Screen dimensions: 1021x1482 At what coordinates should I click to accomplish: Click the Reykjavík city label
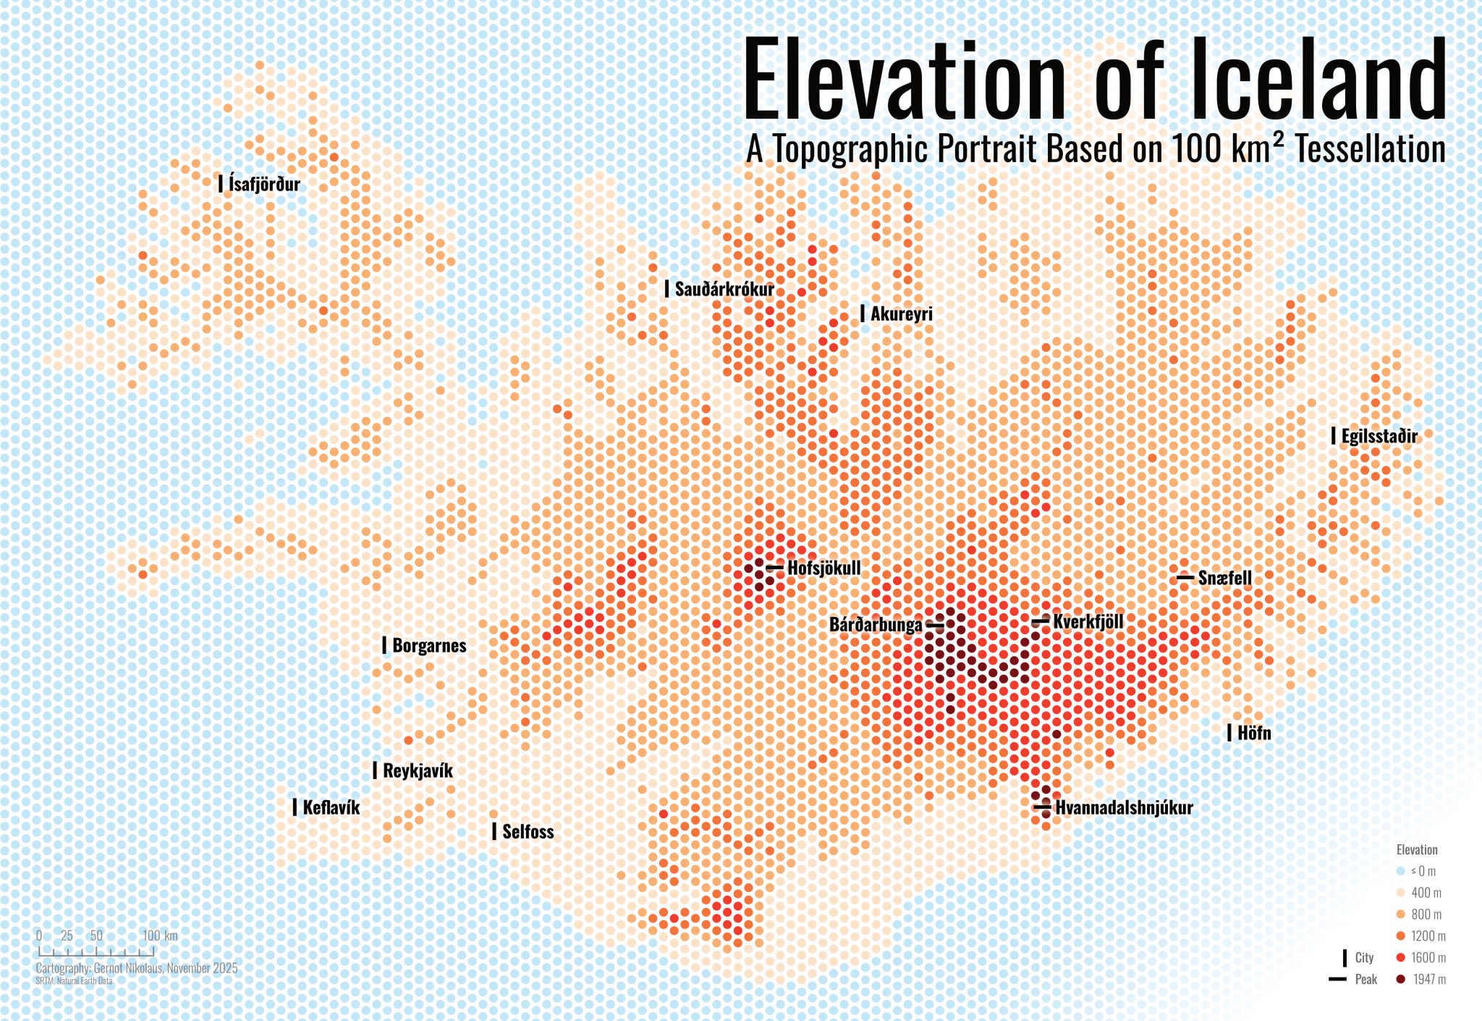418,770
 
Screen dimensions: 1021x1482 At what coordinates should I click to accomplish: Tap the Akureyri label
901,314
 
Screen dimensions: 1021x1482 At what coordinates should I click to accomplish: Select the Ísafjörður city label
264,183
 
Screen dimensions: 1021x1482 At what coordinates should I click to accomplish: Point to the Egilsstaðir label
1379,436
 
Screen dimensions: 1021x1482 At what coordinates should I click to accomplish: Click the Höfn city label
1253,733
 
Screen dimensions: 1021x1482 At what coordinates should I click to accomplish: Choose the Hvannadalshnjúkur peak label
1123,807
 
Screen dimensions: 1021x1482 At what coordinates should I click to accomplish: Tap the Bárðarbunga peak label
876,624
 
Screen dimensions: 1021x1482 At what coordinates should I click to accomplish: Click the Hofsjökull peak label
823,568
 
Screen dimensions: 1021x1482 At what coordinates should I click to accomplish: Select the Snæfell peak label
1224,578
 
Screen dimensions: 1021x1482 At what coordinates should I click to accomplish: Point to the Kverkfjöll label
1088,621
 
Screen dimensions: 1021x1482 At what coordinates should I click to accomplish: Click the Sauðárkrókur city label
724,289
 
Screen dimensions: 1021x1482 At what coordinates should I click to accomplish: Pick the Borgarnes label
429,645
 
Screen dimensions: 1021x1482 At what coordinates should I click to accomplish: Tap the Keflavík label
331,807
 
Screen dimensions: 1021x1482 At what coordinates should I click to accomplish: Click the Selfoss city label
528,831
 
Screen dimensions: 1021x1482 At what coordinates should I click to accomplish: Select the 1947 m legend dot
1400,979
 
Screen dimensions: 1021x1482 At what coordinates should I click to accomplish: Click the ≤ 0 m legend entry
1422,871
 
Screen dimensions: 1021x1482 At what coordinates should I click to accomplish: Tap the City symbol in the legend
1345,957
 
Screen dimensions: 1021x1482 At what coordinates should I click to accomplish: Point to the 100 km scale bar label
159,936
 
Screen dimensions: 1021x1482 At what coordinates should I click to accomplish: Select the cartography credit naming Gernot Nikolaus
136,968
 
